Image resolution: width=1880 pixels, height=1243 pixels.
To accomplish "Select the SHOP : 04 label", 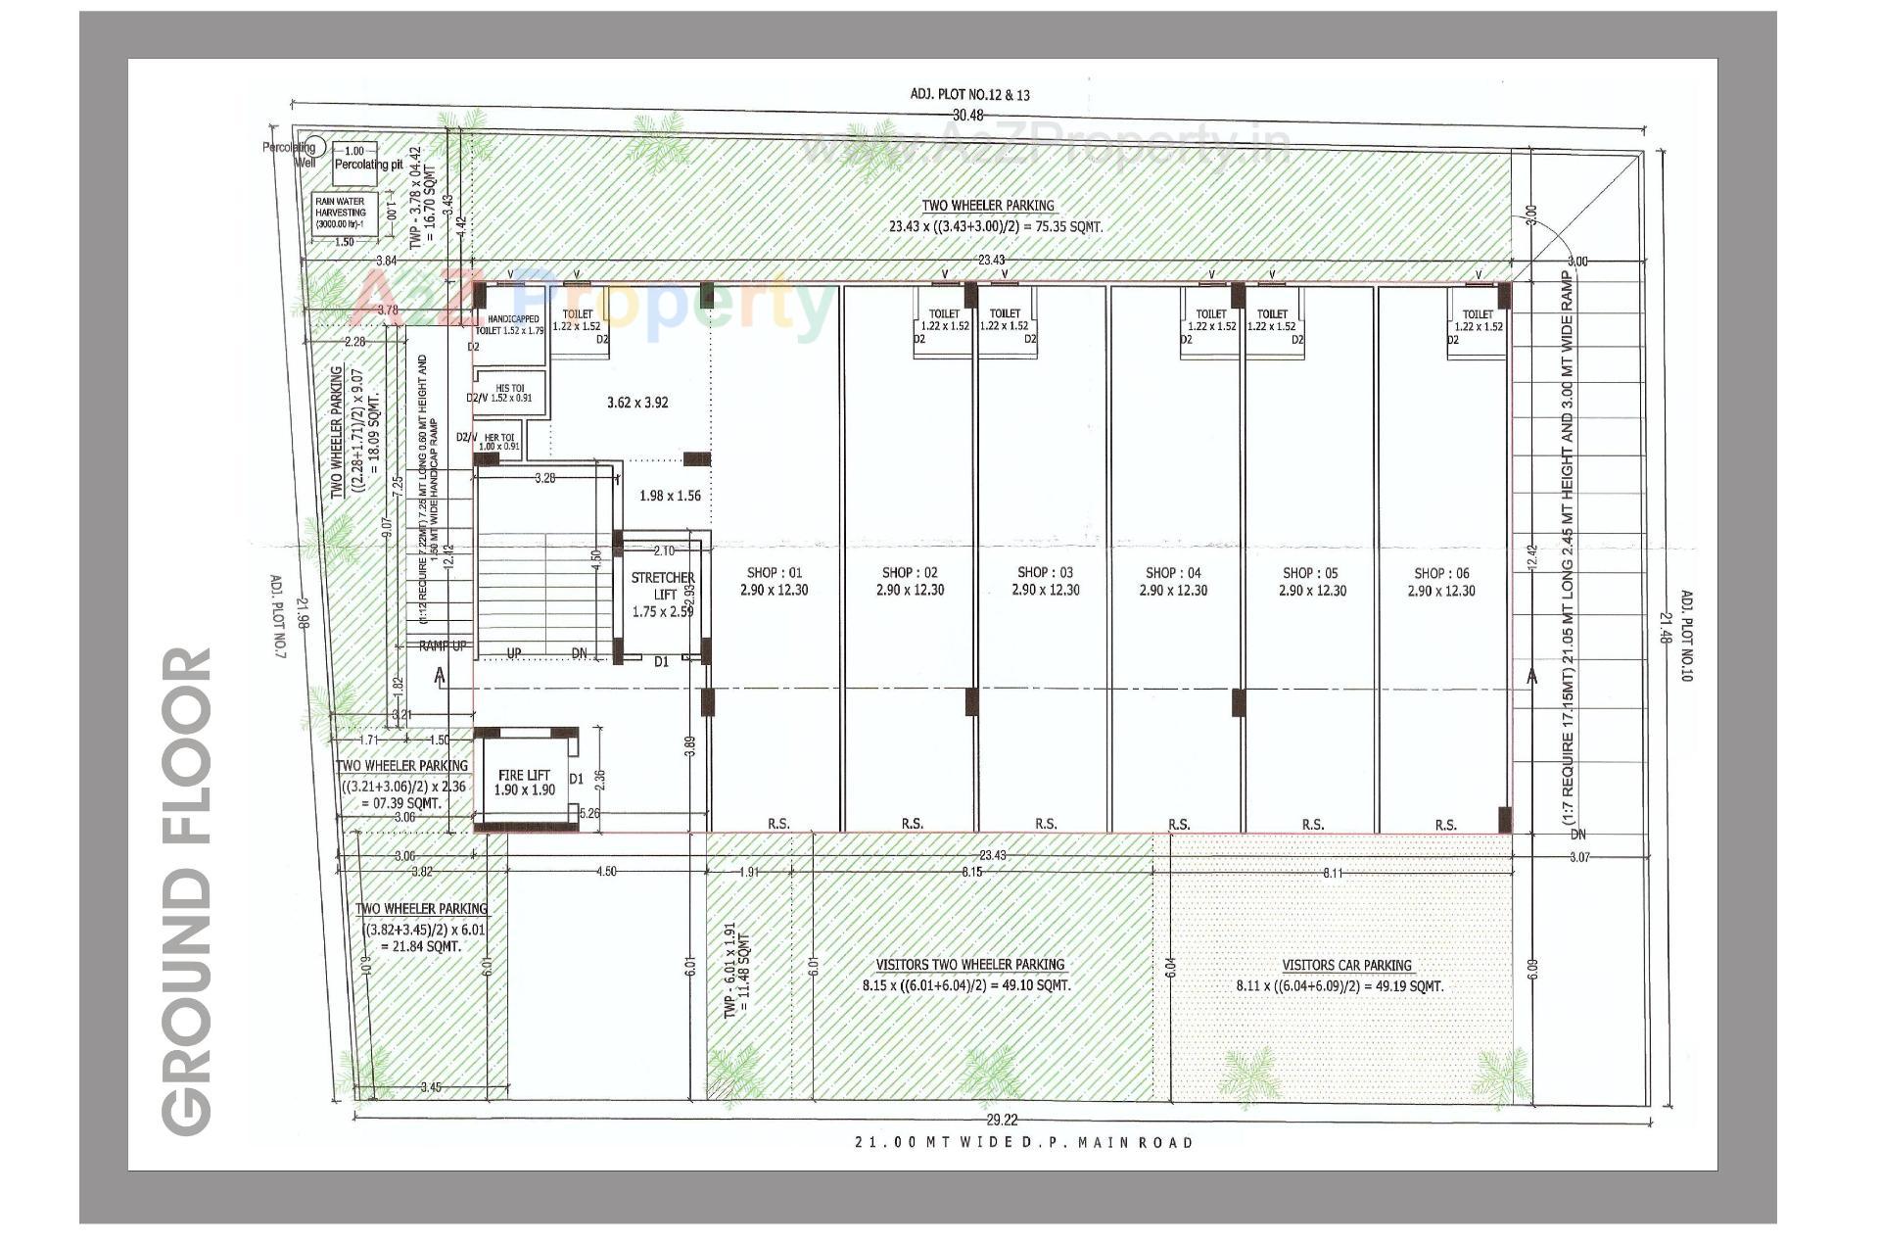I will pos(1173,572).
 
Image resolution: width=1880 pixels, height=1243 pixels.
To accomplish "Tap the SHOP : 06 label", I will pos(1441,573).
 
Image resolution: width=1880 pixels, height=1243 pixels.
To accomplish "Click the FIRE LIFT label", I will pos(524,775).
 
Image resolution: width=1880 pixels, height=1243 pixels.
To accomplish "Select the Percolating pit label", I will pos(368,165).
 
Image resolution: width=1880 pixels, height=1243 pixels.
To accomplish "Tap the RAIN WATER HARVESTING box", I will pos(341,213).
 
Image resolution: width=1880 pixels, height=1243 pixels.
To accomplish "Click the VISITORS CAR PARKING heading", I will pos(1346,965).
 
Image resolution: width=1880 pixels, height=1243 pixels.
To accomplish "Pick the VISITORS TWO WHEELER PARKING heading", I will pos(969,964).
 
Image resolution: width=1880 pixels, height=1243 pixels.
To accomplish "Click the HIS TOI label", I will pos(509,389).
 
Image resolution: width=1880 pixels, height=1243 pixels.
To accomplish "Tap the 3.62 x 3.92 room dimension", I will pos(636,403).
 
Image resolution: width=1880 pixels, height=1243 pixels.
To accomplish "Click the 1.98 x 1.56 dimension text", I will pos(670,496).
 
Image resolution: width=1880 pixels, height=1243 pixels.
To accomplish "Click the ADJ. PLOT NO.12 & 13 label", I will pos(969,95).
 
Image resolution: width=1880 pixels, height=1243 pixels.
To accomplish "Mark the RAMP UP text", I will pos(443,646).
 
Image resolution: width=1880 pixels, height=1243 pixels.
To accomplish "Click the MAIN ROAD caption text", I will pos(1023,1142).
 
